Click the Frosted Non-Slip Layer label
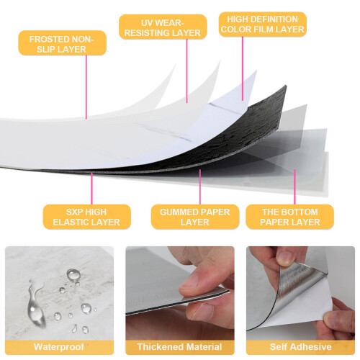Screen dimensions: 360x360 pos(62,43)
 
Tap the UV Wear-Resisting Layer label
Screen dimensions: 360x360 pos(163,27)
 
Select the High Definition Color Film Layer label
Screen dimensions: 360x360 pos(263,24)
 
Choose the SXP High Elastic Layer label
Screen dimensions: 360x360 pos(86,217)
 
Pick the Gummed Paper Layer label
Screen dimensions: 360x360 pos(195,217)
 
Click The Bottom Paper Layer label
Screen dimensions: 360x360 pos(289,217)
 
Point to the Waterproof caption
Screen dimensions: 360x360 pos(59,347)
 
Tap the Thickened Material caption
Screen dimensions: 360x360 pos(179,347)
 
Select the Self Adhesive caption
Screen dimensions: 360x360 pos(300,347)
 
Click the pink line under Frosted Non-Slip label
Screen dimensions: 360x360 pos(86,87)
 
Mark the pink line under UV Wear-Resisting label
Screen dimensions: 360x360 pos(187,71)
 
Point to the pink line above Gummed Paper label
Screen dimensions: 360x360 pos(200,186)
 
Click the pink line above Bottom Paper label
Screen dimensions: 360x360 pos(294,186)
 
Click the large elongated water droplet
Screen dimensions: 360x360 pos(36,304)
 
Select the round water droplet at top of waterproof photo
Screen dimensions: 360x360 pos(73,274)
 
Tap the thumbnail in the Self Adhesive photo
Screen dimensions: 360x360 pos(285,258)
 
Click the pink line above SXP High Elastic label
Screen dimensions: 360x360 pos(91,189)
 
